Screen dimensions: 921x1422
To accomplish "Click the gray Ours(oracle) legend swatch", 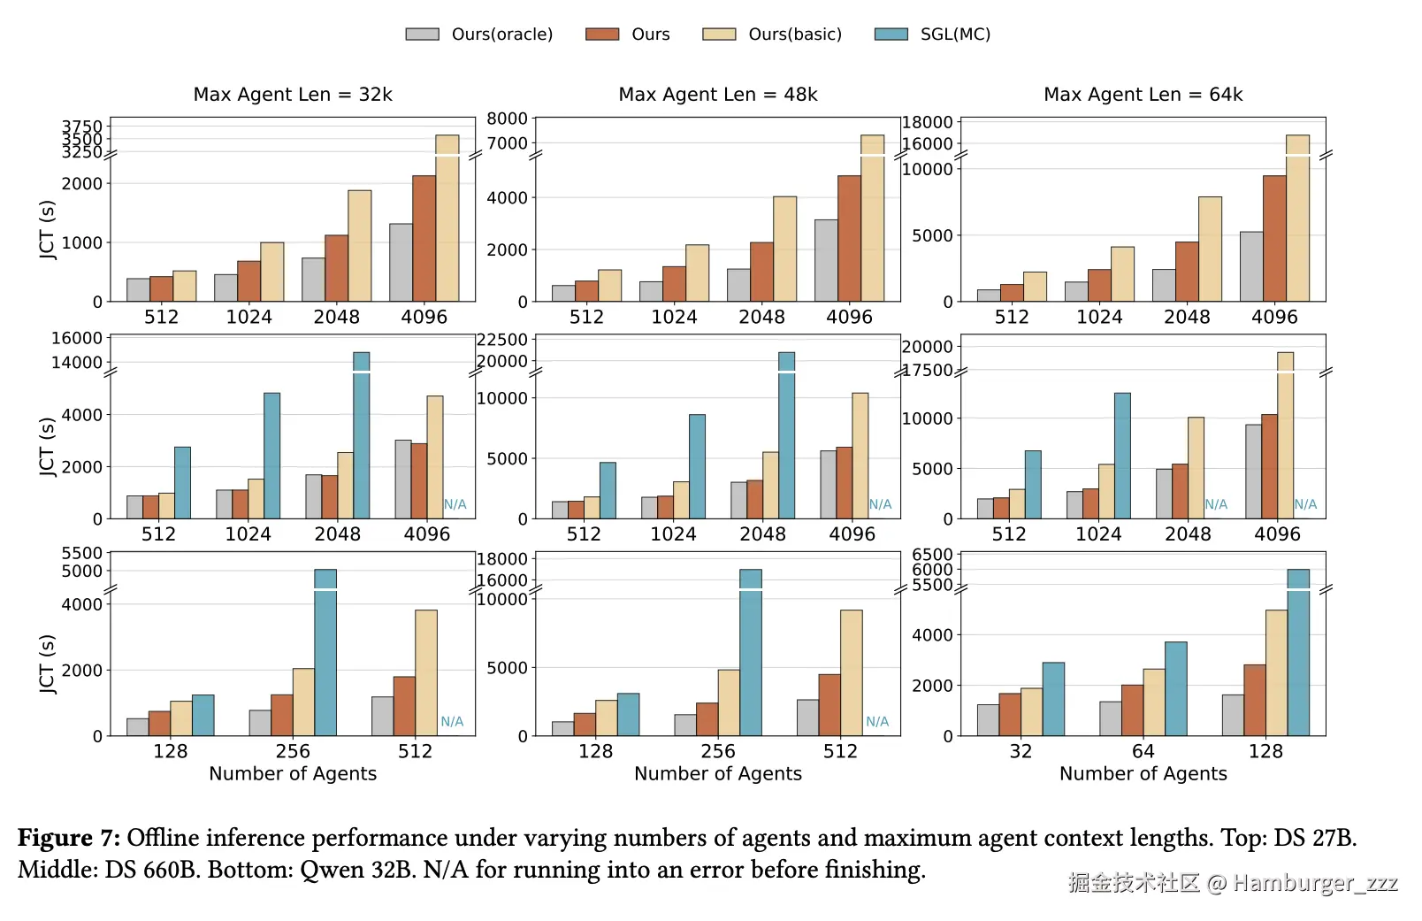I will (x=422, y=35).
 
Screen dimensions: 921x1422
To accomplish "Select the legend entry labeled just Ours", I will (x=650, y=35).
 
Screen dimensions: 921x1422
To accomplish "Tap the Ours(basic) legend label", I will (x=794, y=35).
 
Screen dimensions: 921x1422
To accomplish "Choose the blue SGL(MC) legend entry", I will (x=954, y=35).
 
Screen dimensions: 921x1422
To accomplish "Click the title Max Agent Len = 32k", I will (x=293, y=95).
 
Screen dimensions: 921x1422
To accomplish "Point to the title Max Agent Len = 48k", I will (x=718, y=95).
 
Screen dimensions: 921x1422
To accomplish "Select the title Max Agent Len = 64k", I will (x=1143, y=95).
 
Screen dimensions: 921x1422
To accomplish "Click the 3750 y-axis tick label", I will (x=82, y=127).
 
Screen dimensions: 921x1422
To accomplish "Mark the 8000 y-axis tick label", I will (x=507, y=119).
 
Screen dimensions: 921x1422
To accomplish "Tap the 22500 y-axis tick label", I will (x=502, y=340).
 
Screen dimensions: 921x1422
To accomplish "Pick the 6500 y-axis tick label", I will (x=932, y=555).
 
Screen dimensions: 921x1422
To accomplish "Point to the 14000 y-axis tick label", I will (x=77, y=362).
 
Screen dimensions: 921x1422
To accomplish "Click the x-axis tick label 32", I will (x=1021, y=751).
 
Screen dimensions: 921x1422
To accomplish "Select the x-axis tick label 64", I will (x=1143, y=751).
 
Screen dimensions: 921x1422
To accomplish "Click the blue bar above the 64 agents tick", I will (x=1175, y=688).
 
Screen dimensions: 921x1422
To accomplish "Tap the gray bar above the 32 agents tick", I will (x=988, y=719).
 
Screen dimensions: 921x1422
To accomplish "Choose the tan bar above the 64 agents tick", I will (x=1154, y=702).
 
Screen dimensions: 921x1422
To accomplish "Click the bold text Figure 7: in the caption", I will (x=69, y=838).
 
